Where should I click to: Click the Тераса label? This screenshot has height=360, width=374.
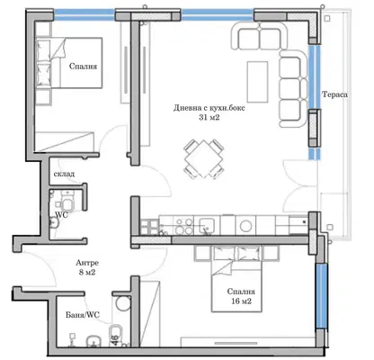click(x=334, y=94)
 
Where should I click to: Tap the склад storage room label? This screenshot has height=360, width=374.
click(x=64, y=174)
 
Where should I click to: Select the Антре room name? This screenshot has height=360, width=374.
click(x=87, y=263)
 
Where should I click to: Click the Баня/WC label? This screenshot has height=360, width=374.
click(x=83, y=315)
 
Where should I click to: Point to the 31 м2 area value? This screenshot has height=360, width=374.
click(x=209, y=118)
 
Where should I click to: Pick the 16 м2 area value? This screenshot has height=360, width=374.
click(x=241, y=301)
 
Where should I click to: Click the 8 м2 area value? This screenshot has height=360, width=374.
click(x=87, y=273)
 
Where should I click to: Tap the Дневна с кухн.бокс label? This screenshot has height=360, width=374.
click(x=209, y=108)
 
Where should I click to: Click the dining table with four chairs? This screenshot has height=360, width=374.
click(x=204, y=159)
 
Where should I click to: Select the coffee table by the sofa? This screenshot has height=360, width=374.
click(x=257, y=82)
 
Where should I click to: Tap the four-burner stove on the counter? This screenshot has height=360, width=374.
click(x=184, y=226)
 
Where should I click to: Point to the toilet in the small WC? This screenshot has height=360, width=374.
click(x=67, y=202)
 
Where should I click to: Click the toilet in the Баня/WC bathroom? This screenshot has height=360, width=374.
click(x=116, y=335)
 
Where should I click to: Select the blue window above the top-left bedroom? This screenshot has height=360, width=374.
click(x=85, y=14)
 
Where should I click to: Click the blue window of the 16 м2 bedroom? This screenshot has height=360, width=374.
click(x=321, y=296)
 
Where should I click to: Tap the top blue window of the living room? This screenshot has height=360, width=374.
click(x=218, y=14)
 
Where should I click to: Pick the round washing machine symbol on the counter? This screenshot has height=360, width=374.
click(x=245, y=226)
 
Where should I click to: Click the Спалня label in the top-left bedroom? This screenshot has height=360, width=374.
click(x=83, y=66)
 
